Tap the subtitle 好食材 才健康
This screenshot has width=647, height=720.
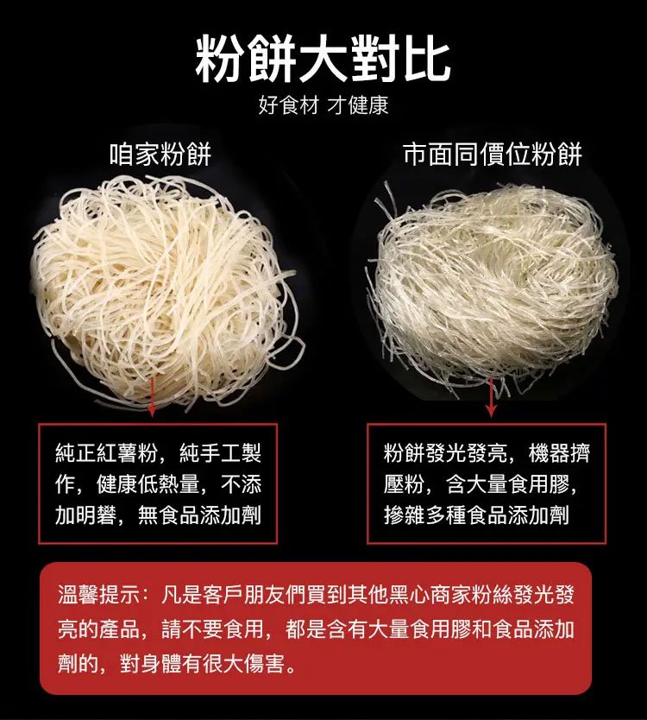pos(323,105)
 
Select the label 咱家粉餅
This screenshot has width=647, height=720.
pos(160,154)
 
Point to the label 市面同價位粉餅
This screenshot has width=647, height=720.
pos(493,154)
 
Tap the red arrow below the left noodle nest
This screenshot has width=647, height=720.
pos(152,395)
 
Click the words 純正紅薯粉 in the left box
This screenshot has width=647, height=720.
pos(106,452)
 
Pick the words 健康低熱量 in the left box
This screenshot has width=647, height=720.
pos(148,484)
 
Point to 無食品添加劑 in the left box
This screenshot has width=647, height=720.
pos(199,515)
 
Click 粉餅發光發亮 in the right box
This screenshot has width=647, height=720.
pos(445,452)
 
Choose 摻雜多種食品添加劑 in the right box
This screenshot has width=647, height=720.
pos(477,515)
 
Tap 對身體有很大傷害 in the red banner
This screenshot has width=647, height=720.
pos(203,663)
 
